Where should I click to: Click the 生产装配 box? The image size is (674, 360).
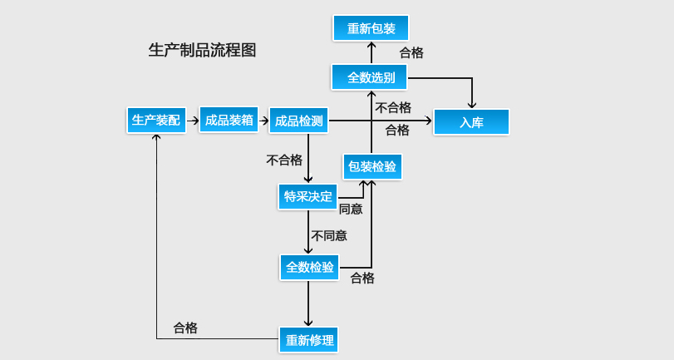[x=156, y=120]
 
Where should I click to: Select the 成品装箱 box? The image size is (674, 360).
[x=229, y=120]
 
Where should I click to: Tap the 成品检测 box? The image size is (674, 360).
[x=299, y=121]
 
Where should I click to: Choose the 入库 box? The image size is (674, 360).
[x=471, y=122]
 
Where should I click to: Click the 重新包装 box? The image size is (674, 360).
[x=371, y=28]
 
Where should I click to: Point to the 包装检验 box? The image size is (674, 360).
[x=372, y=166]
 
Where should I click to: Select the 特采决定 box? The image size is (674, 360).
[x=307, y=197]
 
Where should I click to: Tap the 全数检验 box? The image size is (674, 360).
[x=309, y=267]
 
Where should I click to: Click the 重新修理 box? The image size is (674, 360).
[x=309, y=340]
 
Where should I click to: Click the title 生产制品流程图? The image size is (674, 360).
[x=202, y=50]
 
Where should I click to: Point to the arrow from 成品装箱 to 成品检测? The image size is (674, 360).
[x=264, y=120]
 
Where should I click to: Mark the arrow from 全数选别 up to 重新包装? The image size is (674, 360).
[x=371, y=52]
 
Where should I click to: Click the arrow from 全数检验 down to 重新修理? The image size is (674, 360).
[x=308, y=303]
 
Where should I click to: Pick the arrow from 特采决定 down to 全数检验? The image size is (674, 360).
[x=308, y=232]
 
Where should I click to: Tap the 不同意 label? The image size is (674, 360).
[x=329, y=235]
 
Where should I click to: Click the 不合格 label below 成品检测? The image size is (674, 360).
[x=284, y=160]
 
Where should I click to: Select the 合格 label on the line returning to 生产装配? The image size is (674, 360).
[x=185, y=328]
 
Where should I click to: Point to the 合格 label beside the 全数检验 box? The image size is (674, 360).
[x=362, y=278]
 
